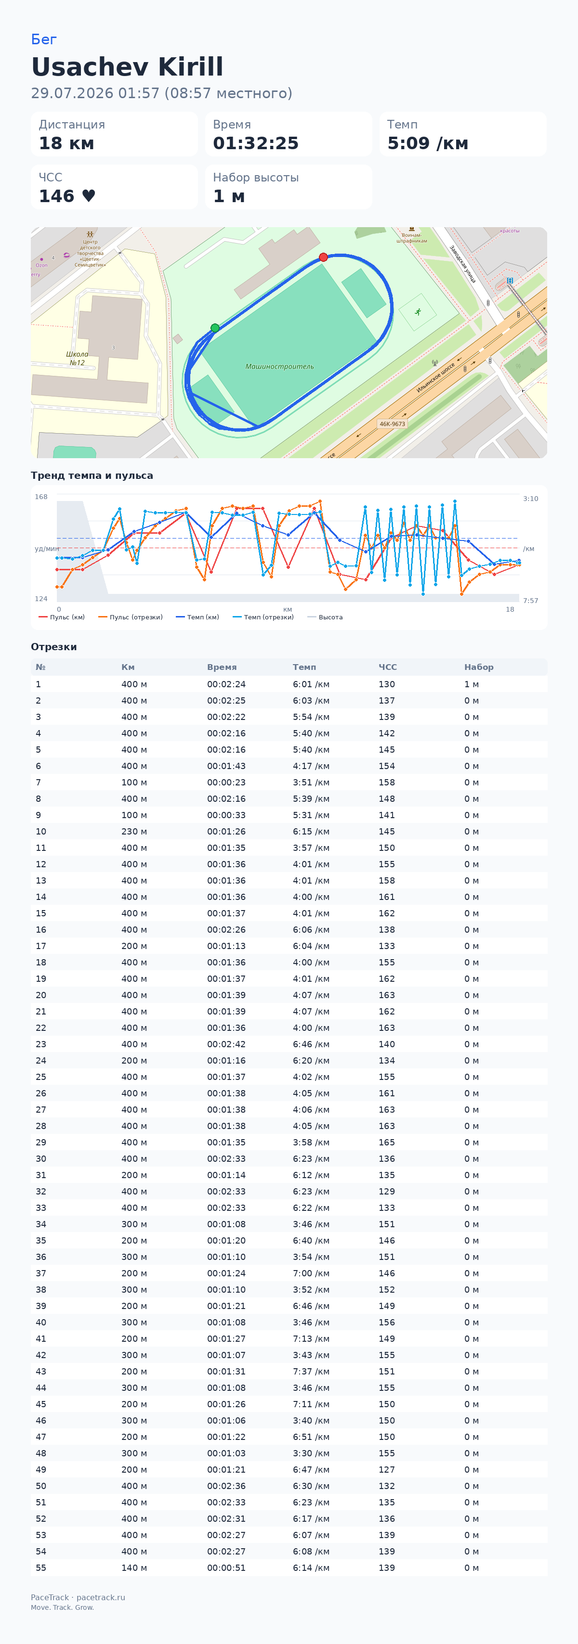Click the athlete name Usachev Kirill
tap(127, 67)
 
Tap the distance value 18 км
tap(66, 143)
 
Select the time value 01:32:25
tap(255, 143)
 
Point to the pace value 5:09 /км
tap(427, 143)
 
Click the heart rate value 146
tap(57, 196)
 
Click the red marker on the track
tap(323, 257)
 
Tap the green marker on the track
tap(215, 328)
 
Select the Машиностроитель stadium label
tap(280, 366)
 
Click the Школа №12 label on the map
tap(77, 358)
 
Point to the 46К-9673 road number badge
tap(392, 424)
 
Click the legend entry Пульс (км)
tap(62, 617)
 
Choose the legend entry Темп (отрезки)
tap(263, 617)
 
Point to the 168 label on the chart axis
tap(41, 497)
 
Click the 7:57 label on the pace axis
tap(531, 601)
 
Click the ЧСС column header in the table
tap(388, 667)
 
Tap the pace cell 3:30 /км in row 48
tap(311, 1453)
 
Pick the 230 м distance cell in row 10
tap(134, 832)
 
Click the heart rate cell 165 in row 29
tap(387, 1143)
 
